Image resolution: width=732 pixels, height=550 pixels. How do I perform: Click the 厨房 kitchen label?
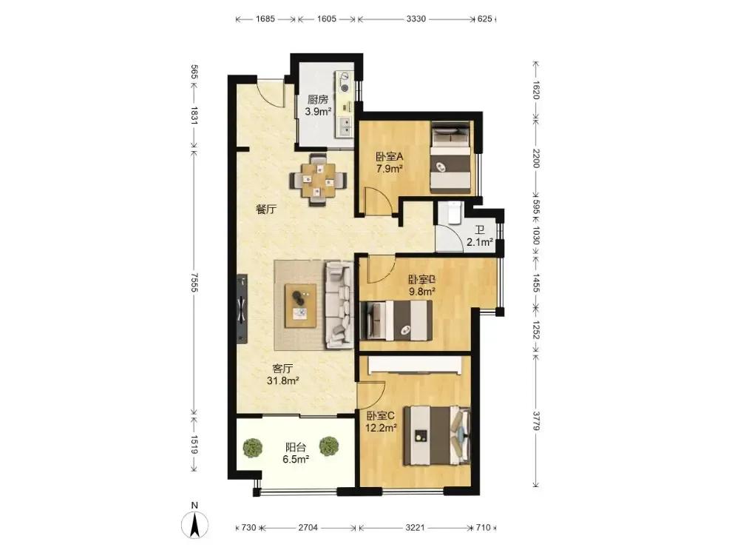(317, 99)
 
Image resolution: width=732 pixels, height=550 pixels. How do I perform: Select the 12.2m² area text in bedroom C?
(382, 427)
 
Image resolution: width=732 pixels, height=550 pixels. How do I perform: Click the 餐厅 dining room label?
(265, 209)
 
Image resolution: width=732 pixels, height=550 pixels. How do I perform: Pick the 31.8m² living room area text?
(283, 380)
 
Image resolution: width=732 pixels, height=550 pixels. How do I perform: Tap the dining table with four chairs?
(319, 180)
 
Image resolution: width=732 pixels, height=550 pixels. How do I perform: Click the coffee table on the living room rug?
(301, 306)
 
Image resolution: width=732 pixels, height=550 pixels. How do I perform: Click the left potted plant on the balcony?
(253, 447)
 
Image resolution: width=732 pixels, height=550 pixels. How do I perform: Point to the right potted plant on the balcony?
(329, 446)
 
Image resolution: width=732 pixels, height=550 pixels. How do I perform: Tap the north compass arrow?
(196, 524)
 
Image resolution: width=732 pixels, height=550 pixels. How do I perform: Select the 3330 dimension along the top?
(416, 19)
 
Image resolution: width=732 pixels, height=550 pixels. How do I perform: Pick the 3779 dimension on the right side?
(536, 421)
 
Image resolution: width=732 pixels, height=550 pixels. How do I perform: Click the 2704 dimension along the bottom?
(308, 528)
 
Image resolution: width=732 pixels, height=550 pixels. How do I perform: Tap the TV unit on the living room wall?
(242, 309)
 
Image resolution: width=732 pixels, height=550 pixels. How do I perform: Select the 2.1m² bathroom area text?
(480, 242)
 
